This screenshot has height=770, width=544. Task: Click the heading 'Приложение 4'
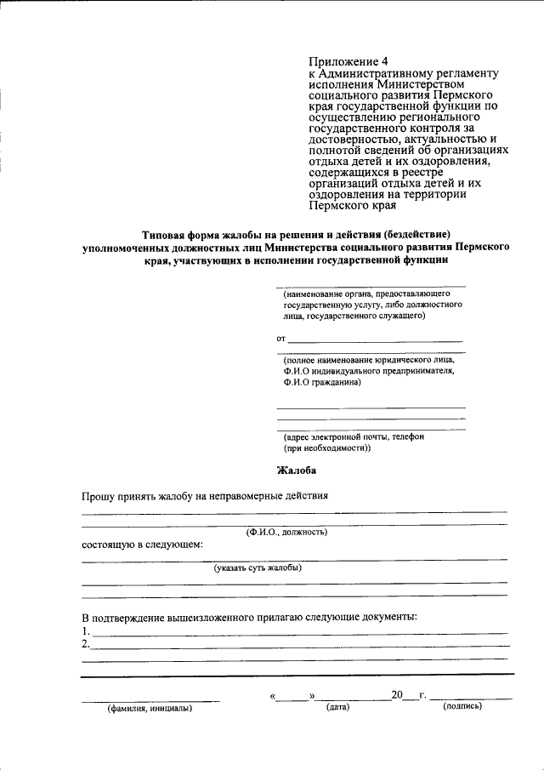[x=348, y=62]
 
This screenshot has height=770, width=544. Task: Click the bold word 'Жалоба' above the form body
[x=297, y=470]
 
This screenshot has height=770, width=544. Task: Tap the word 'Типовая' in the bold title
[x=166, y=234]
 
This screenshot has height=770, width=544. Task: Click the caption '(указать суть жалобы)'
[x=258, y=567]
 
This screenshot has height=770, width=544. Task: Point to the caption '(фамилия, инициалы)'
[x=149, y=708]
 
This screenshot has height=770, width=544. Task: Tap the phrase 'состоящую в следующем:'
[x=143, y=544]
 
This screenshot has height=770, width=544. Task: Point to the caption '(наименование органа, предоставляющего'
[x=367, y=292]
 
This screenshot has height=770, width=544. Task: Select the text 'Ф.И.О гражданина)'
[x=323, y=383]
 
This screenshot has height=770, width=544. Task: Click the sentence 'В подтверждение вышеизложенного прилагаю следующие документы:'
[x=249, y=617]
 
